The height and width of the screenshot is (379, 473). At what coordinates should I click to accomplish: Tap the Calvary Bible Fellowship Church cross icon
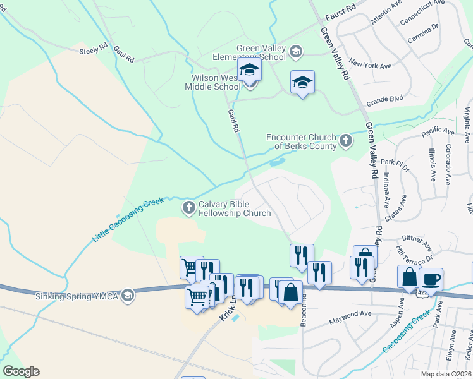(188, 207)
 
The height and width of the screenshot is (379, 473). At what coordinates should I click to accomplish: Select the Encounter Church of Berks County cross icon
(345, 141)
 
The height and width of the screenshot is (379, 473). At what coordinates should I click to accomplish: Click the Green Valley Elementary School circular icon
(296, 52)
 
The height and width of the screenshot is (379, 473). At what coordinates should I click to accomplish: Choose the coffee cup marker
(431, 279)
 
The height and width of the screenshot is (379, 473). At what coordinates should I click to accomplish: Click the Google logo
(21, 371)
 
